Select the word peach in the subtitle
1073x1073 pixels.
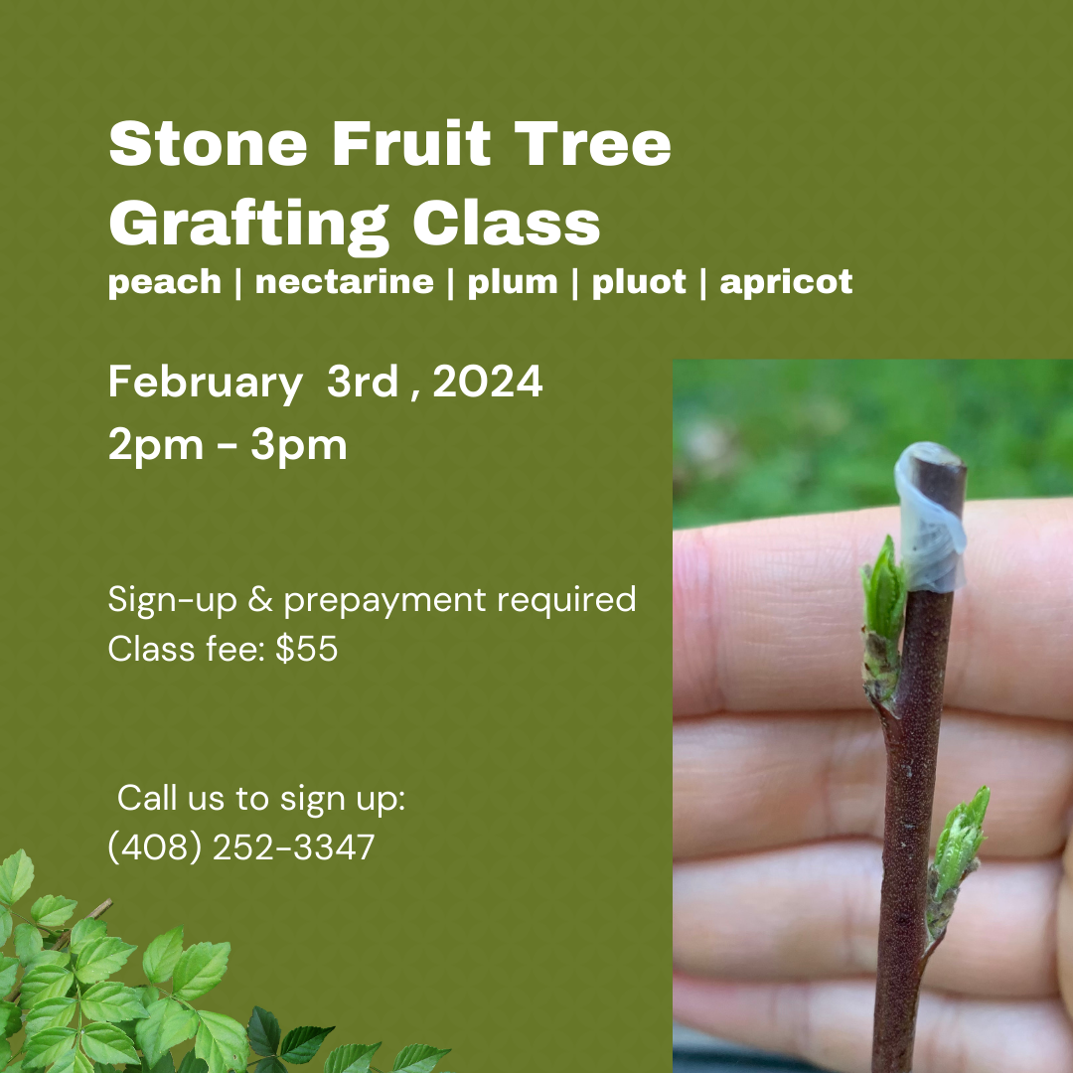[164, 282]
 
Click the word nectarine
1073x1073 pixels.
[344, 282]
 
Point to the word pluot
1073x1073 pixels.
[639, 282]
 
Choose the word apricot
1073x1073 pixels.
[786, 282]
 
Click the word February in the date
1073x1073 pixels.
[206, 383]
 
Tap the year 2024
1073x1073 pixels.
[488, 382]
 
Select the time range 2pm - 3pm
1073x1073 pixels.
[228, 445]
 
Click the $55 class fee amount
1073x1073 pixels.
[307, 650]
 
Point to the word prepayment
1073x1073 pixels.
[386, 600]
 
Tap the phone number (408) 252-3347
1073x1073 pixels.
[241, 847]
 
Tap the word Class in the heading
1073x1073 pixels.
[507, 225]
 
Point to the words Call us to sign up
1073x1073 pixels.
[261, 798]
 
